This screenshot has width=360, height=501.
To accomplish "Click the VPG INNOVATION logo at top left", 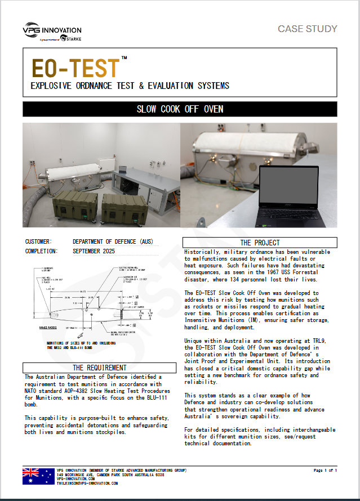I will (x=52, y=33).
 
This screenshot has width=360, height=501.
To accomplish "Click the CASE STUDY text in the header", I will (x=307, y=29).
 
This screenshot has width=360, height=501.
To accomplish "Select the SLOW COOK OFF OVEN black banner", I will (x=180, y=109).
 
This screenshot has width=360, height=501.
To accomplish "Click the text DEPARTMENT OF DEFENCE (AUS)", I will (x=113, y=242).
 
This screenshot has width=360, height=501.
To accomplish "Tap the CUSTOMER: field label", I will (x=38, y=242).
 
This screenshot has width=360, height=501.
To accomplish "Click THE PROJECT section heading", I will (x=260, y=243).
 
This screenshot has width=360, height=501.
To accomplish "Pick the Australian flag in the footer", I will (x=38, y=476).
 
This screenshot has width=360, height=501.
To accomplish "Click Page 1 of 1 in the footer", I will (x=325, y=470).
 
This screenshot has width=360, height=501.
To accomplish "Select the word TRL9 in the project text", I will (x=316, y=341).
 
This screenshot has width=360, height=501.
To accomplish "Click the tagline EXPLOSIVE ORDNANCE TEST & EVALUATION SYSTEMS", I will (x=130, y=86).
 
